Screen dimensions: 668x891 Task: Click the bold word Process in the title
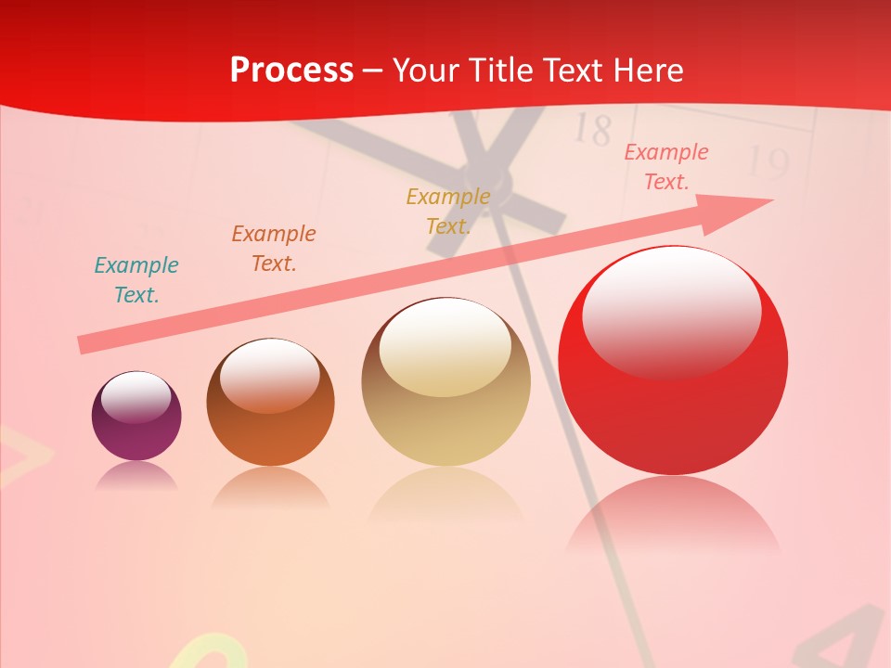point(291,71)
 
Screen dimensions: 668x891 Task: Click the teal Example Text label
point(136,280)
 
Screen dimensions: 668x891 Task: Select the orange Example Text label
point(274,249)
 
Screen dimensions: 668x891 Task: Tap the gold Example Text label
point(448,211)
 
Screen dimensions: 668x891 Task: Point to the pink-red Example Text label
point(666,167)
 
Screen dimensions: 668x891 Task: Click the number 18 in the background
point(592,130)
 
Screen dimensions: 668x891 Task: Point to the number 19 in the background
point(768,163)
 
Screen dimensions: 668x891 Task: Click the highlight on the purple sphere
point(136,398)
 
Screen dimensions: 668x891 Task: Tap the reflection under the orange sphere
point(270,488)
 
